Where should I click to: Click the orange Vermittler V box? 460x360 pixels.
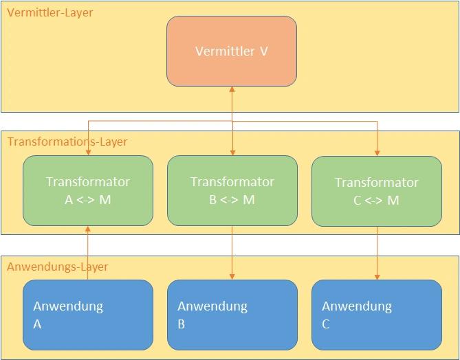coord(232,52)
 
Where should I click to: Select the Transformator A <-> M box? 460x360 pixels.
coord(88,191)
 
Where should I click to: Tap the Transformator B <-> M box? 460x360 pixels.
coord(232,191)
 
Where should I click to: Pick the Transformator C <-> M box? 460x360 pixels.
coord(377,191)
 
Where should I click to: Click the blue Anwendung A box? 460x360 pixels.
coord(88,315)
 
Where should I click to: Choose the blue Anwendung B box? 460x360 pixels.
coord(232,315)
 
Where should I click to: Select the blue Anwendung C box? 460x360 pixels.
coord(377,315)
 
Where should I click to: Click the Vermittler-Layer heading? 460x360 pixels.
coord(50,12)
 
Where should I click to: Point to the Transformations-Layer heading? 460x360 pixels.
coord(67,142)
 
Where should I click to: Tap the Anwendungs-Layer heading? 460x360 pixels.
coord(58,267)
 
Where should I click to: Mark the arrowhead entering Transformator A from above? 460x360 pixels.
coord(88,152)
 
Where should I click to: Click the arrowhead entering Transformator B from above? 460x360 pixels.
coord(232,152)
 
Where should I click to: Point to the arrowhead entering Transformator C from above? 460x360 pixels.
coord(377,152)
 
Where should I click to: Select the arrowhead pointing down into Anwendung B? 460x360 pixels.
coord(232,276)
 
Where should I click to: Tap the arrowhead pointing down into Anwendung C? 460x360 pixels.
coord(377,276)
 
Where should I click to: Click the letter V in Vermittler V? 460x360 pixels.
coord(263,52)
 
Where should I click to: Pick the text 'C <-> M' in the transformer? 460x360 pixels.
coord(376,201)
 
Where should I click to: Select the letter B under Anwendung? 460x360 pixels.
coord(182,324)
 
